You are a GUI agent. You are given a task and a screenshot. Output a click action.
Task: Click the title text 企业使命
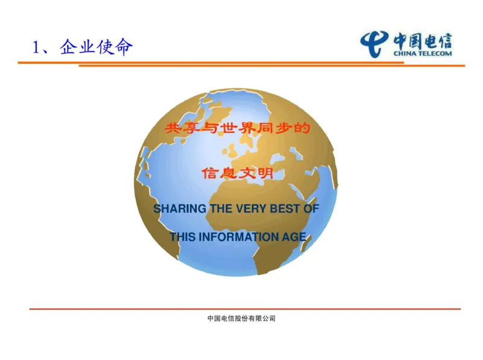point(96,47)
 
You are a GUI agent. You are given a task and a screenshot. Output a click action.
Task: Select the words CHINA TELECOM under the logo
point(423,54)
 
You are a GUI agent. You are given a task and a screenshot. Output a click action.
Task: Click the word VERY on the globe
point(246,209)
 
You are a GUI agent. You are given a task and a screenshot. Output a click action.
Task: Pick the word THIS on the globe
point(182,237)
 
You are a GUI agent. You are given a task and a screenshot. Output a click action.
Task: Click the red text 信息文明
point(237,173)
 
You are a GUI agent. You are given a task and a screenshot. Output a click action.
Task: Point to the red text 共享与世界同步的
point(237,128)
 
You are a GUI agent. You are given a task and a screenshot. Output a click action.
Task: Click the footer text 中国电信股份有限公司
point(241,318)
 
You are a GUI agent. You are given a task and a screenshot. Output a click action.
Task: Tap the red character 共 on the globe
point(173,128)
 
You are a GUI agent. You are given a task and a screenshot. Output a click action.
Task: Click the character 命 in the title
point(123,47)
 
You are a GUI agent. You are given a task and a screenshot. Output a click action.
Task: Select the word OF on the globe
point(310,209)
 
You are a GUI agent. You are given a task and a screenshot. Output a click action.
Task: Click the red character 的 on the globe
point(302,128)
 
